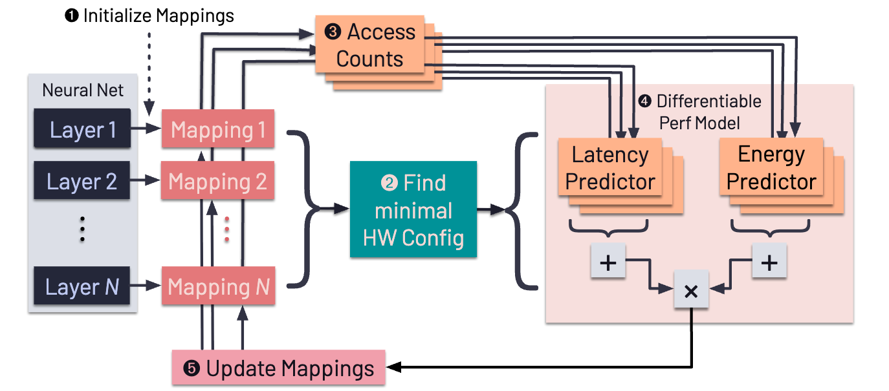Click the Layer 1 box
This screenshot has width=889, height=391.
(x=82, y=130)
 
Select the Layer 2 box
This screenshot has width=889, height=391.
(x=82, y=182)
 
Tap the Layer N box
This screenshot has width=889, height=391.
(x=82, y=286)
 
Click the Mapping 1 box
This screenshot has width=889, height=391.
(x=218, y=130)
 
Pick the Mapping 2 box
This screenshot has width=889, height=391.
(x=218, y=182)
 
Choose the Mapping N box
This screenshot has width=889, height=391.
(x=218, y=286)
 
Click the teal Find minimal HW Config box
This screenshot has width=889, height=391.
(x=413, y=210)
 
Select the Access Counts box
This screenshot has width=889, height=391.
(x=369, y=45)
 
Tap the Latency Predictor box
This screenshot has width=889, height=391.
(x=610, y=168)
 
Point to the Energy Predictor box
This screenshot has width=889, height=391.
(x=771, y=168)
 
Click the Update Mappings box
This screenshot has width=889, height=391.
(x=278, y=368)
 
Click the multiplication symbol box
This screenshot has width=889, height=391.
(x=691, y=291)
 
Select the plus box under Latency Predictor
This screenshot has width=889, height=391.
(x=608, y=262)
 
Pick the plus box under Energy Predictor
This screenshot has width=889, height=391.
(x=769, y=262)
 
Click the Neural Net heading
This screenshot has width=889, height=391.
(x=82, y=90)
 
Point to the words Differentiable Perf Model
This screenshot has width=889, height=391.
(x=700, y=111)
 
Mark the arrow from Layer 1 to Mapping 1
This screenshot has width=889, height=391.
(x=146, y=130)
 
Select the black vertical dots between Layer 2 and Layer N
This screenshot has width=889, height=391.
(x=82, y=229)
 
